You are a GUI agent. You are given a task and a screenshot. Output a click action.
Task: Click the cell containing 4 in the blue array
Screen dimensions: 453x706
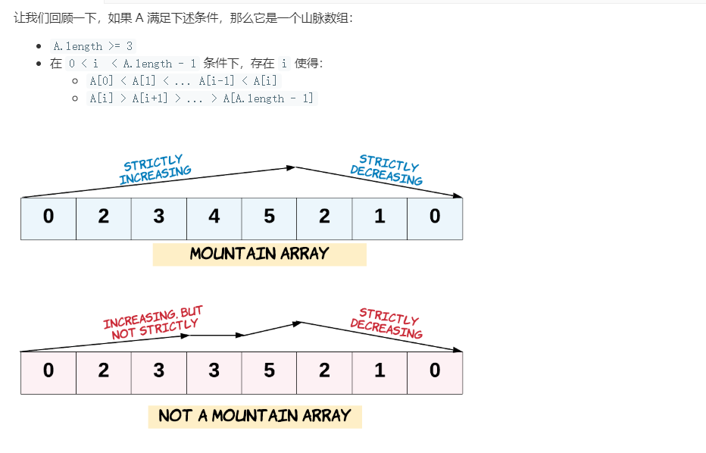214,218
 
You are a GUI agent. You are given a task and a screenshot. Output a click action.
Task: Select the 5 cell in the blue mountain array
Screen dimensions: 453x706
270,218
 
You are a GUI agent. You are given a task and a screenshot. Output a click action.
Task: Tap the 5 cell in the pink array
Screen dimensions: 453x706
270,372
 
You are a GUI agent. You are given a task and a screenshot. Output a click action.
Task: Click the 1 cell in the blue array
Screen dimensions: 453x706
380,218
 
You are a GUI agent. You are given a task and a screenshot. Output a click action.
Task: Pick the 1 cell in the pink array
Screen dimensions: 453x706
380,372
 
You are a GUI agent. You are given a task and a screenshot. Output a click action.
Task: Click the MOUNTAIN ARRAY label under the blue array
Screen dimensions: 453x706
259,254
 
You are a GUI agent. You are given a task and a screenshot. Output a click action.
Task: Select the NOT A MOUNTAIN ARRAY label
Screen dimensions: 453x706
255,416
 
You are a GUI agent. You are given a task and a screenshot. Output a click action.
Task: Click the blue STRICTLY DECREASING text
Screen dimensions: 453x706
387,171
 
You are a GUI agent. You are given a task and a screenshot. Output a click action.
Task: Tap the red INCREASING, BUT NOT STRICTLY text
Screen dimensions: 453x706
154,321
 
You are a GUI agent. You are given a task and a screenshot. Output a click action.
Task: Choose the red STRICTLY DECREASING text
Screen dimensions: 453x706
387,323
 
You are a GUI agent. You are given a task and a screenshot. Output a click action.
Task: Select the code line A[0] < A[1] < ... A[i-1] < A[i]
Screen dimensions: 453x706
184,80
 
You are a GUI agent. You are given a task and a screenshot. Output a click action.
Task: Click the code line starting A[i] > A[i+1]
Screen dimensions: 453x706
201,98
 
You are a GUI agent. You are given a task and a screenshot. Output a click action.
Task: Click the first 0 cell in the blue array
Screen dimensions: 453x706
48,218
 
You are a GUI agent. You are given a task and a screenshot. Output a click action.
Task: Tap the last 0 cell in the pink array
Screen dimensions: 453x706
435,372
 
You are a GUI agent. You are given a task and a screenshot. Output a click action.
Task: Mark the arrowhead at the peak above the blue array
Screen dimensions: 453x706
291,167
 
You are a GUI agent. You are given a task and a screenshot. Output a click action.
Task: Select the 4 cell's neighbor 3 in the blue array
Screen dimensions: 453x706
159,218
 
